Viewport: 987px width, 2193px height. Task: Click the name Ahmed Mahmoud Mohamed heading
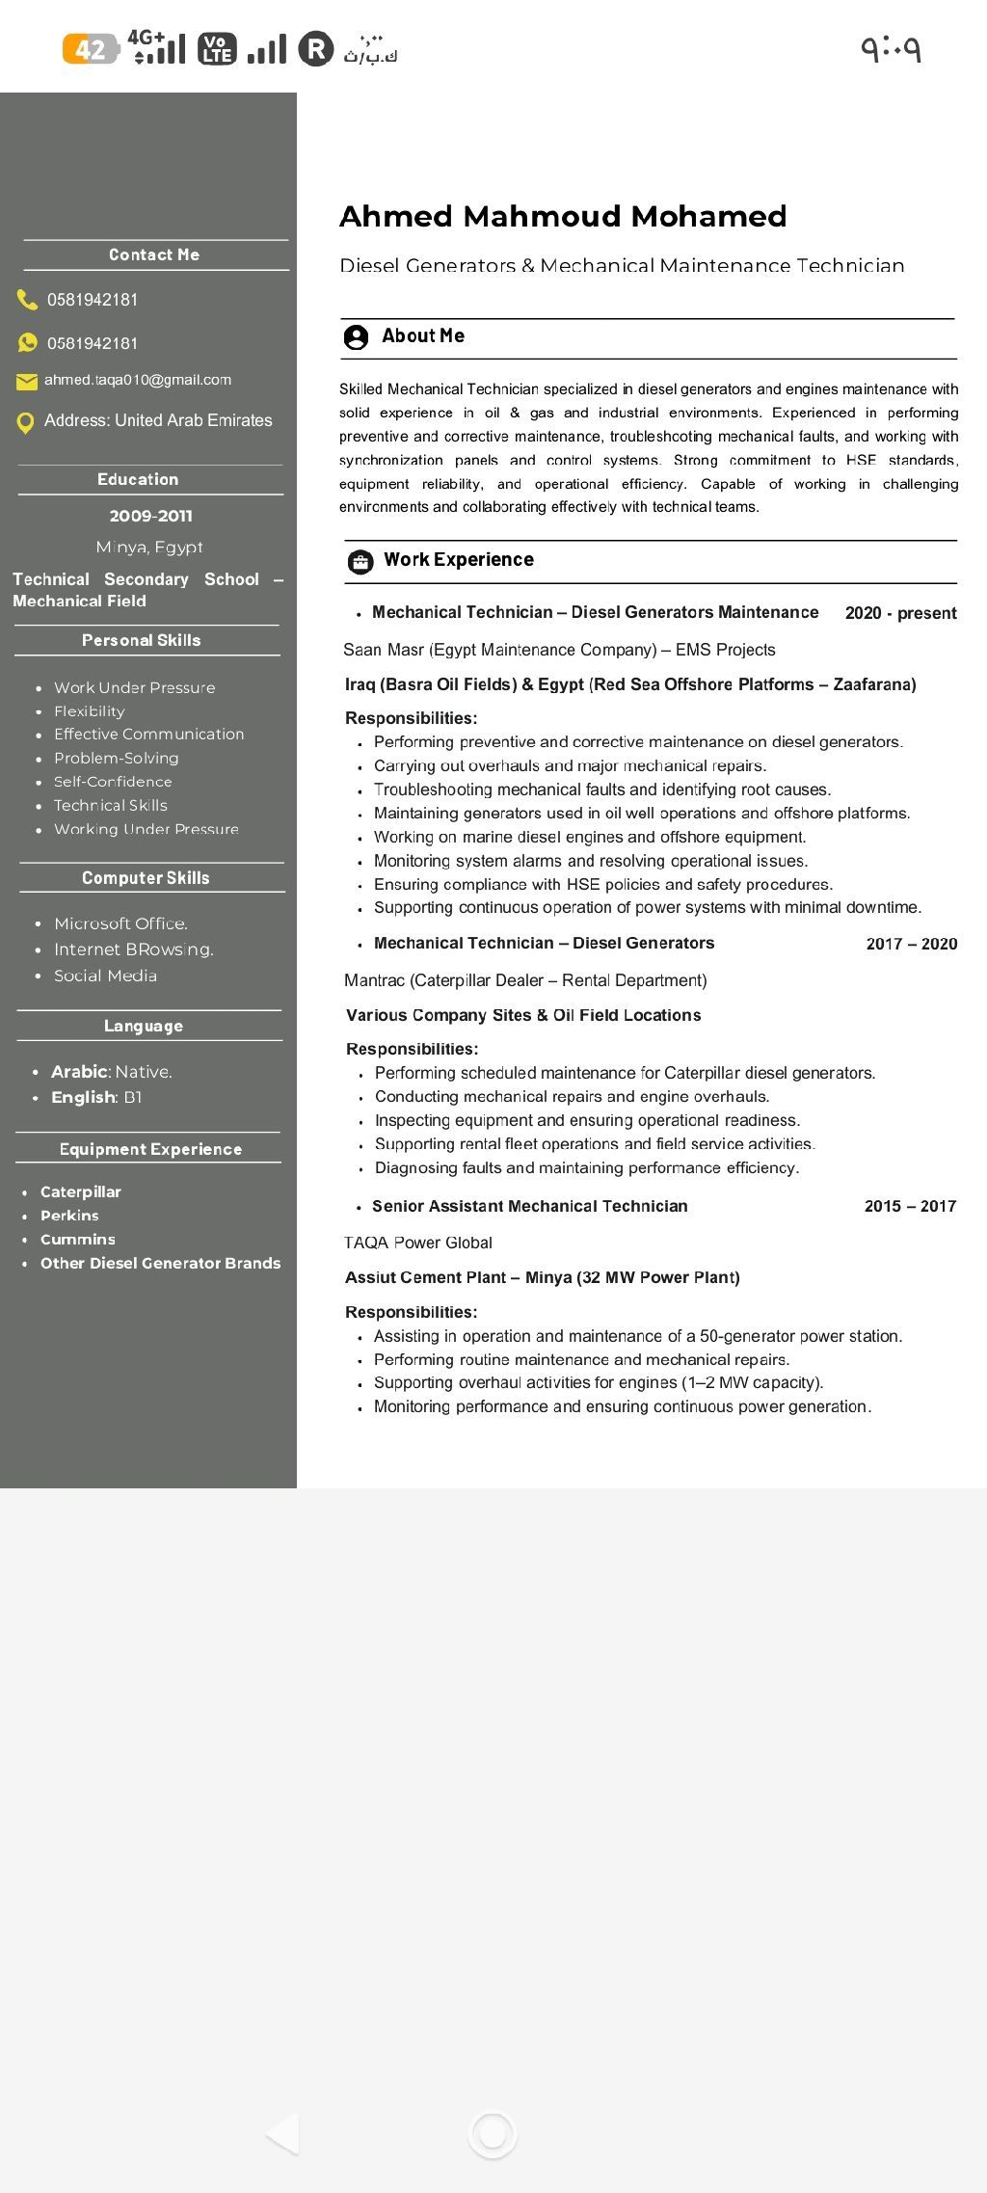pyautogui.click(x=563, y=216)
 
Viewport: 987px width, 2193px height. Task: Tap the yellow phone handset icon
pyautogui.click(x=27, y=300)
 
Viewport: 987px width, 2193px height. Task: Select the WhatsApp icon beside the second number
pyautogui.click(x=27, y=342)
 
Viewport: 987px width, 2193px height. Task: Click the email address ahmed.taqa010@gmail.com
pyautogui.click(x=138, y=380)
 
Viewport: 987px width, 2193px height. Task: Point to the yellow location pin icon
pyautogui.click(x=26, y=422)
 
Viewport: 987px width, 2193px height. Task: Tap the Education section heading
pyautogui.click(x=138, y=479)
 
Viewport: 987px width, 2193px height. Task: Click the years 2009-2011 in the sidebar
pyautogui.click(x=150, y=516)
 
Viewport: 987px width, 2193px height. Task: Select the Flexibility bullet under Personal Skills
pyautogui.click(x=90, y=711)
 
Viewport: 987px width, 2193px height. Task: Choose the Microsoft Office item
pyautogui.click(x=120, y=923)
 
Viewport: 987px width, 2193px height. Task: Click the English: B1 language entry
pyautogui.click(x=96, y=1097)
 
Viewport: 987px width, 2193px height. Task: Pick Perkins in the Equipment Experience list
pyautogui.click(x=69, y=1216)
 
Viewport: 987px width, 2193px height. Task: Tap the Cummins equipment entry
pyautogui.click(x=77, y=1240)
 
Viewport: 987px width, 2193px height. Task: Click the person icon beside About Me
pyautogui.click(x=356, y=336)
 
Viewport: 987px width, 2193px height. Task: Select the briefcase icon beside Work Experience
pyautogui.click(x=360, y=561)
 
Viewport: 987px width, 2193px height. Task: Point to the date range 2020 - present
pyautogui.click(x=900, y=613)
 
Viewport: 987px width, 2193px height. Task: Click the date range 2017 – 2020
pyautogui.click(x=911, y=944)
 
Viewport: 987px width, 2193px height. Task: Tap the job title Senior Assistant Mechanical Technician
pyautogui.click(x=530, y=1206)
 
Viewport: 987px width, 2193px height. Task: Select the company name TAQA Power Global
pyautogui.click(x=418, y=1243)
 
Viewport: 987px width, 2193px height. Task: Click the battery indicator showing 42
pyautogui.click(x=91, y=48)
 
